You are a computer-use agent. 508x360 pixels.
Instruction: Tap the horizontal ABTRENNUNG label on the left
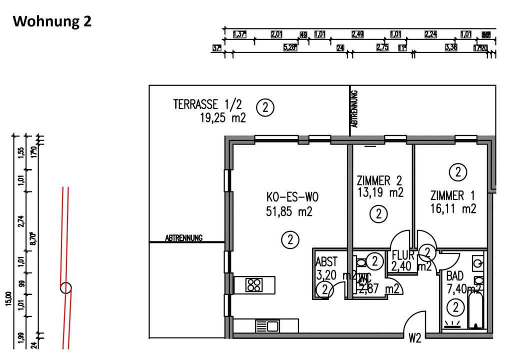pyautogui.click(x=183, y=238)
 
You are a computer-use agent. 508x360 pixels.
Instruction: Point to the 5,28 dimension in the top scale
pyautogui.click(x=290, y=47)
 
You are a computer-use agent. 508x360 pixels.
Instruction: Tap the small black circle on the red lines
pyautogui.click(x=66, y=287)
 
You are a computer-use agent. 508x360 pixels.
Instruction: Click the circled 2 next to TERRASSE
pyautogui.click(x=265, y=107)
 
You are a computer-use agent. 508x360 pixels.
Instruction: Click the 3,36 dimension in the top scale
pyautogui.click(x=450, y=47)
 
